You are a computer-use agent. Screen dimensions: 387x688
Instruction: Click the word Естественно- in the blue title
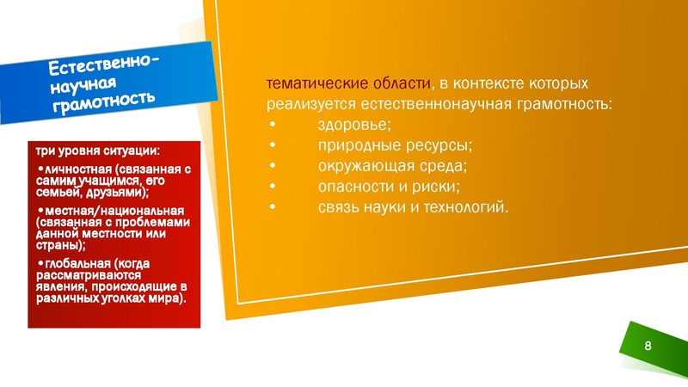coord(104,63)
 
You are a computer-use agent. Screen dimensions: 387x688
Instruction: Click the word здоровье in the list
coord(348,125)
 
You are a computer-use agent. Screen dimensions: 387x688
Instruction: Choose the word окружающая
coord(359,165)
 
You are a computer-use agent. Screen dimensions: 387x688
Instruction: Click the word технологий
coord(469,206)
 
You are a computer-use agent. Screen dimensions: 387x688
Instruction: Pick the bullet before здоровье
coord(273,126)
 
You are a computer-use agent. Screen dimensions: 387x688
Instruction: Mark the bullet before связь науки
coord(273,207)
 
